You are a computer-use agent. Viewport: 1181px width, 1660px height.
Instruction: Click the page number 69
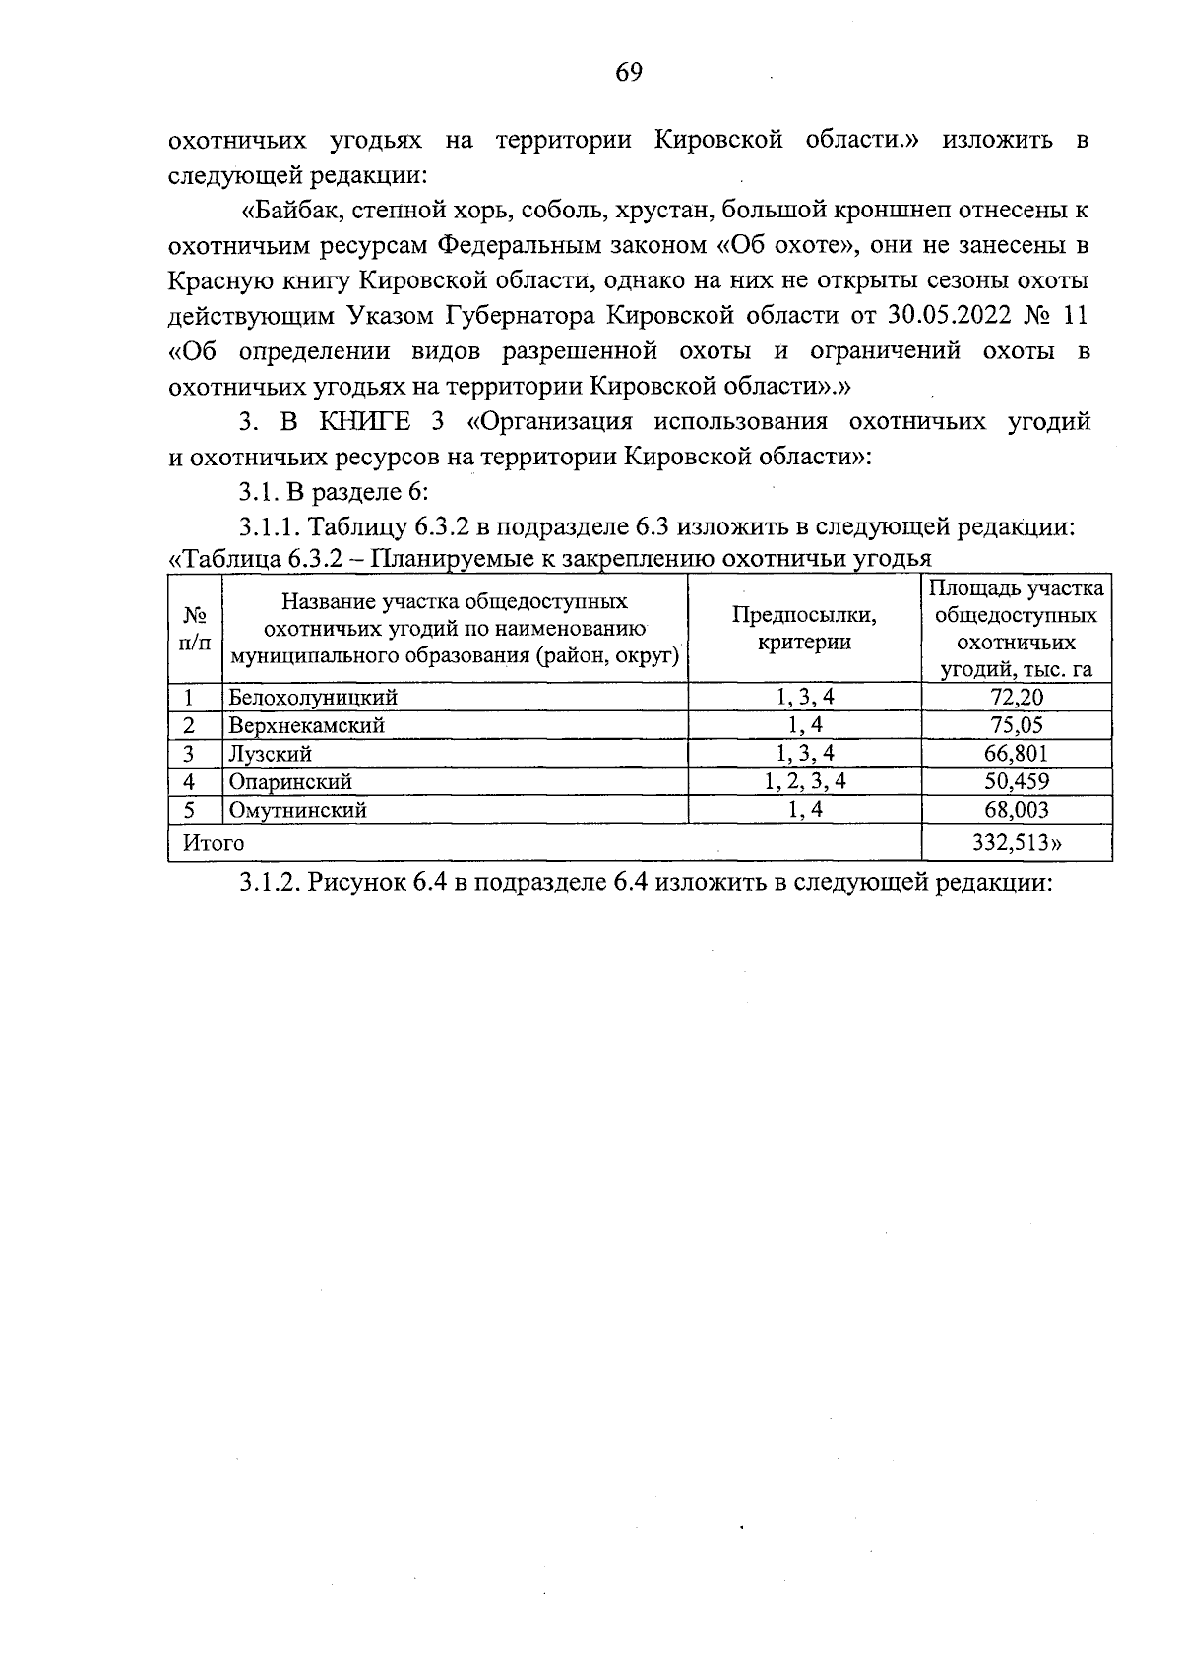click(629, 72)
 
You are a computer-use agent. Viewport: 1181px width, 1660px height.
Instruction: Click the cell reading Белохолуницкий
click(313, 698)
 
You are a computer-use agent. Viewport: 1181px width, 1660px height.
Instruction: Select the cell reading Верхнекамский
click(306, 726)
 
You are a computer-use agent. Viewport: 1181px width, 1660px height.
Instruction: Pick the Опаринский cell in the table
click(290, 782)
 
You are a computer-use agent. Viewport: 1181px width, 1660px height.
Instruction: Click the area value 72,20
click(1017, 698)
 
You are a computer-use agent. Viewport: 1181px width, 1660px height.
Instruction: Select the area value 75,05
click(1017, 726)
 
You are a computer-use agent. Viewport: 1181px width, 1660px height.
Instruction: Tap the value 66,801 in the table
click(1017, 755)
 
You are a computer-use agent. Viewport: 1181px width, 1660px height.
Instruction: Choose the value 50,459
click(1017, 782)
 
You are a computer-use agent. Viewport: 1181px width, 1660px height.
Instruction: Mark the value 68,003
click(1017, 811)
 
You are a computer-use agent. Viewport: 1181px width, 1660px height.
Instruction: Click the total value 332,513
click(1017, 843)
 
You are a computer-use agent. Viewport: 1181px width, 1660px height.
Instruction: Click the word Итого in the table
click(209, 843)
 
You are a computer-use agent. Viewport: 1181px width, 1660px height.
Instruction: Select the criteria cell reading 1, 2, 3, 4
click(804, 782)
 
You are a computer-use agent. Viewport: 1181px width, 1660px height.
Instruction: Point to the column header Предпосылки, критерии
click(804, 629)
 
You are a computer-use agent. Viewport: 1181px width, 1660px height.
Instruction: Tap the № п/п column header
click(195, 629)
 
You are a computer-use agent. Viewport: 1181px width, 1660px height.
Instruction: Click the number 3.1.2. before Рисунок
click(270, 883)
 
